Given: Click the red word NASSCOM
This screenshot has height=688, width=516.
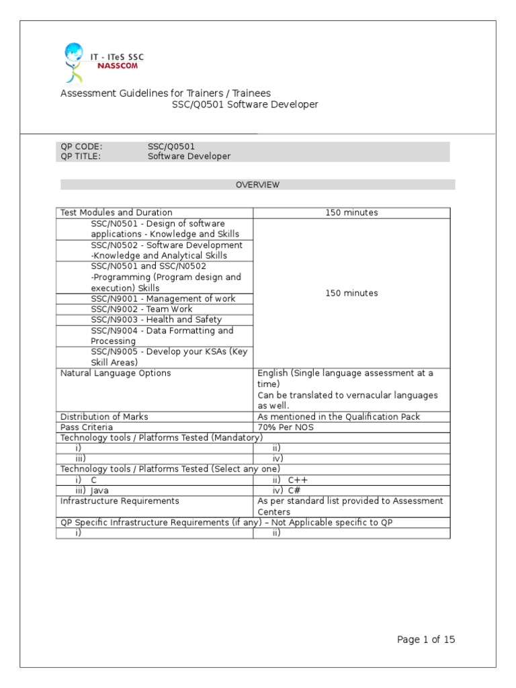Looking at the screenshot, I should (x=117, y=67).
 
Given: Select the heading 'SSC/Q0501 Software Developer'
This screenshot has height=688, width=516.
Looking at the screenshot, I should (x=245, y=105).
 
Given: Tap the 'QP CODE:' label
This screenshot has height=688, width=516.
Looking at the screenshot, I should (x=81, y=145).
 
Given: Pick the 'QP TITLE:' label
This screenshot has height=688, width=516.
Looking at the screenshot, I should (x=81, y=156).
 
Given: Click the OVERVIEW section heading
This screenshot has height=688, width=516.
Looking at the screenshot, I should (x=257, y=185).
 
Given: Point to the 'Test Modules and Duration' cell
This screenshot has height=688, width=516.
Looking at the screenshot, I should (x=116, y=212).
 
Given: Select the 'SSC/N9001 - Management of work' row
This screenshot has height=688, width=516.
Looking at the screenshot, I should (x=163, y=298).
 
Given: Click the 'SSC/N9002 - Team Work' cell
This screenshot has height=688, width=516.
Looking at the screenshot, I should (x=141, y=309).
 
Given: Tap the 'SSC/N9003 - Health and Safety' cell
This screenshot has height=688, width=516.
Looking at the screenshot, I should (x=156, y=320).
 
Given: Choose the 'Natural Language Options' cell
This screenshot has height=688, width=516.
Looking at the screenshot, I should (x=116, y=373).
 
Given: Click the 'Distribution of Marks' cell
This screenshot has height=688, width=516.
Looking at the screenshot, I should (x=104, y=417).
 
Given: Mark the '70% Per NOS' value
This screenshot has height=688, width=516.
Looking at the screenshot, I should (x=285, y=427).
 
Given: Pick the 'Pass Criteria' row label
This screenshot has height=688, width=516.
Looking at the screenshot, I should (x=87, y=427).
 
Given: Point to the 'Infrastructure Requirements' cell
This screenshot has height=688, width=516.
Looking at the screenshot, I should (x=120, y=501).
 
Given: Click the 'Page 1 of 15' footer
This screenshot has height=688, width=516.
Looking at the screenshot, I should (x=425, y=640).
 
